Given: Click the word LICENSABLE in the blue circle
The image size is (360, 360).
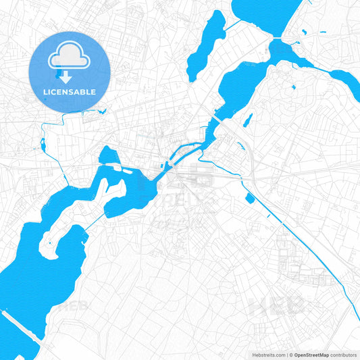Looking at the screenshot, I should [70, 91].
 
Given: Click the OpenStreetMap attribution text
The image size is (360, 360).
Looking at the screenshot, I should [311, 354].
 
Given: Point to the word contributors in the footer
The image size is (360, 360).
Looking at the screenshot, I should [344, 354].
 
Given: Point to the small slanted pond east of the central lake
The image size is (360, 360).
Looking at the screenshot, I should [248, 120].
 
